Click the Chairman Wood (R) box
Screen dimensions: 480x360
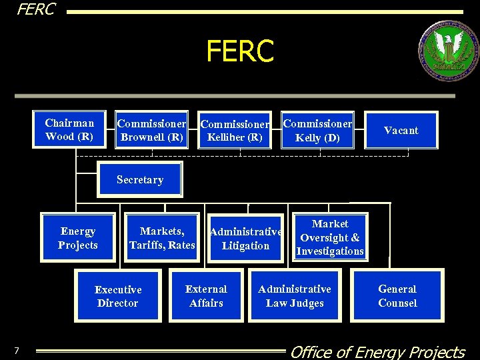69,129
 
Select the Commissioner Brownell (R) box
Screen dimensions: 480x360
151,130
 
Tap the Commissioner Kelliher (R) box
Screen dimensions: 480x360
235,131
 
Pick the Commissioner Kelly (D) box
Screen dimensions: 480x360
317,131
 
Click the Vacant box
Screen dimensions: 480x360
401,131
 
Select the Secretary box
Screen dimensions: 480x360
139,179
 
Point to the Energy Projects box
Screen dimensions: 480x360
77,238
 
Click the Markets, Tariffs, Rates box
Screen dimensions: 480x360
162,238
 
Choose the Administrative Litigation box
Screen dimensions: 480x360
245,239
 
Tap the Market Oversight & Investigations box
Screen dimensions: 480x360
330,237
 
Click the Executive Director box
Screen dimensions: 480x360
118,296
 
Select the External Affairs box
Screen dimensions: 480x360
206,296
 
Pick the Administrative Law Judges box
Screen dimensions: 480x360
294,296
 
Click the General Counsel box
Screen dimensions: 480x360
397,296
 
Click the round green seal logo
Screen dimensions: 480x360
447,51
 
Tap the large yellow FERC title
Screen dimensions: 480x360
240,51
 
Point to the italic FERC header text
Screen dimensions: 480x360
36,9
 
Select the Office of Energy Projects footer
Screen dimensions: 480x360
377,351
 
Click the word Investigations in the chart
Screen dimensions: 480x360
330,251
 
